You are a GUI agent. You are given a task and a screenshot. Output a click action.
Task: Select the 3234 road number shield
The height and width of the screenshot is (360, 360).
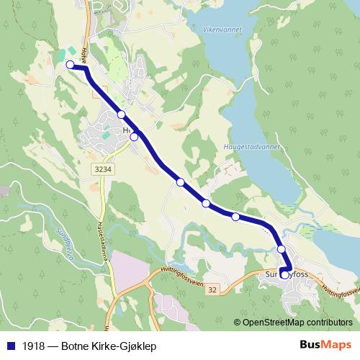tap(102, 168)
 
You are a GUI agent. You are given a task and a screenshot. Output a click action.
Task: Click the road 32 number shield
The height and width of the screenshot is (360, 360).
tap(213, 290)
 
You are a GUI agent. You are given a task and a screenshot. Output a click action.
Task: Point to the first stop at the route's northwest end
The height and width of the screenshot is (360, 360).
tap(71, 65)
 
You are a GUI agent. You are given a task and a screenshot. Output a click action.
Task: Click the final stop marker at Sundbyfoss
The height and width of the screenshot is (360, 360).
tap(284, 274)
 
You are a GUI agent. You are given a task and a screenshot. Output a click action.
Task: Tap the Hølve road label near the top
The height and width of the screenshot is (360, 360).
tap(84, 53)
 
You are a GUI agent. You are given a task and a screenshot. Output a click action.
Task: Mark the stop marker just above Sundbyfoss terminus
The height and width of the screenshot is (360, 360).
tap(282, 250)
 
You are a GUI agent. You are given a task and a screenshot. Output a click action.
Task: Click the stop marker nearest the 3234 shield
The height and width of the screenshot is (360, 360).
tap(134, 136)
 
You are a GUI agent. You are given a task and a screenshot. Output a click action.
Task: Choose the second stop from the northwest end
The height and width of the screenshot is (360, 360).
tap(122, 114)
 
